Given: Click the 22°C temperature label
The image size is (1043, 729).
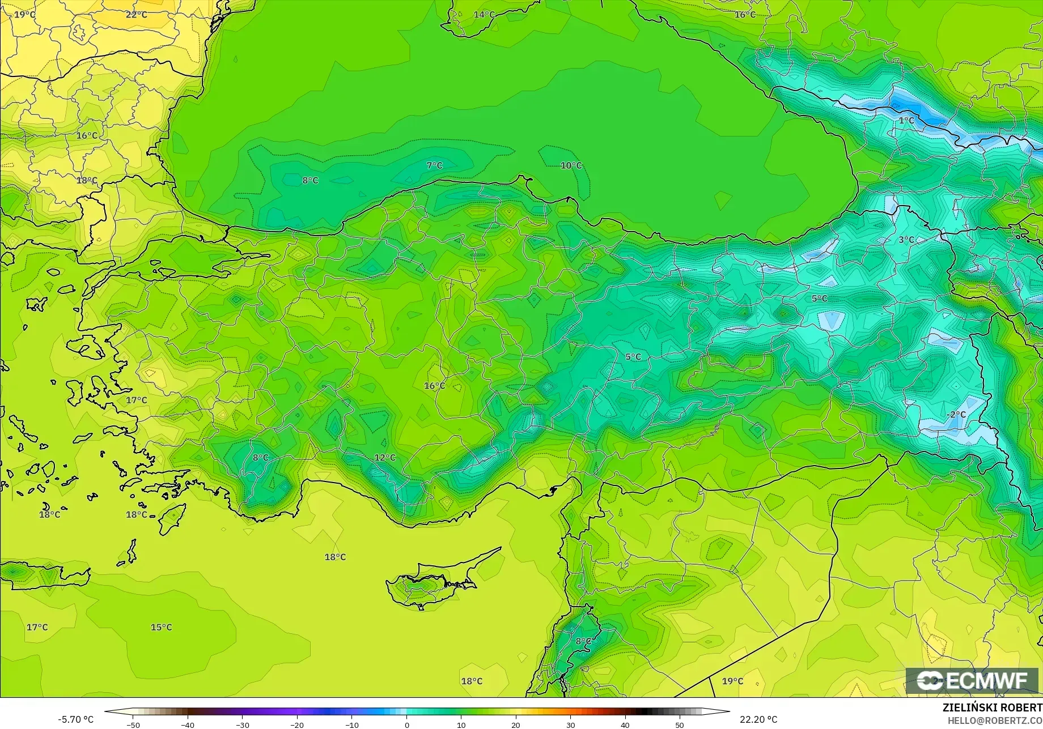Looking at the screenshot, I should coord(136,14).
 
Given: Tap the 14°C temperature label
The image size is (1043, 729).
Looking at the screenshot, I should coord(484,14).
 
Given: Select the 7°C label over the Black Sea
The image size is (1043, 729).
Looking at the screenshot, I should coord(434,165).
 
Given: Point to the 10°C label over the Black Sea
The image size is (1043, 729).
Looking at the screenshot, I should coord(571,165).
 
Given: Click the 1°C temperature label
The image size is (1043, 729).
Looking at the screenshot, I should coord(906,121).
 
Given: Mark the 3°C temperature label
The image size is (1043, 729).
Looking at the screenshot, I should coord(906,240).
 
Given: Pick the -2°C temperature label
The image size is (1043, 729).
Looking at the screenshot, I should coord(956,415).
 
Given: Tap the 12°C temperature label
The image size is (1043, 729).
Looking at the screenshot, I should coord(385,458).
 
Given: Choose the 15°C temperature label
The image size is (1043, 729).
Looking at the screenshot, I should coord(161,627).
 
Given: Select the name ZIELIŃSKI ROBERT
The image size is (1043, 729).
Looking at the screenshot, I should coord(992,707).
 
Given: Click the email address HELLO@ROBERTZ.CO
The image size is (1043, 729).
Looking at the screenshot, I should coord(995,720).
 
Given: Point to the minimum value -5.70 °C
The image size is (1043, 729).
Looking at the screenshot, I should coord(75,719).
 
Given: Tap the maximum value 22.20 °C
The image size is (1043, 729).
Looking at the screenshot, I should coord(758,719).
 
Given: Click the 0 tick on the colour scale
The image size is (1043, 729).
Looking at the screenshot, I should coord(406,725).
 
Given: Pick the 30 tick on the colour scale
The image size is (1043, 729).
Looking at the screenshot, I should coord(570,725).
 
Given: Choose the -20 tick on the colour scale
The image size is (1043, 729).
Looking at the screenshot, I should coord(297,725).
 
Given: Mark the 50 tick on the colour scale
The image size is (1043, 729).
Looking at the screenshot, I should coord(680,725).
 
